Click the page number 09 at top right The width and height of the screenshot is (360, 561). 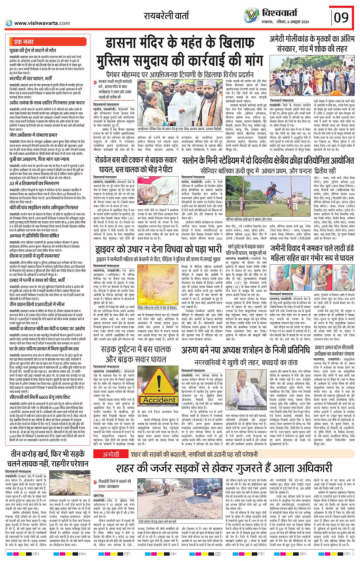tap(341, 17)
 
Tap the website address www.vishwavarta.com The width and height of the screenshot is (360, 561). tap(42, 23)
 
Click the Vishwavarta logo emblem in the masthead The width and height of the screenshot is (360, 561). tap(251, 16)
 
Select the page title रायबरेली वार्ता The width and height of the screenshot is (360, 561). tap(166, 16)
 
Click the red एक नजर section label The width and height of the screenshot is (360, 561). tap(24, 42)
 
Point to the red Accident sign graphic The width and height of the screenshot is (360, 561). tap(159, 390)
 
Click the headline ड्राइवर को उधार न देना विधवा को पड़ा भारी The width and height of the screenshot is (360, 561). tap(157, 249)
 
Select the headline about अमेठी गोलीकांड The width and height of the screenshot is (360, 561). tap(312, 44)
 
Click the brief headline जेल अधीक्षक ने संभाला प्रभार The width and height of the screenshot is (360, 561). tap(33, 135)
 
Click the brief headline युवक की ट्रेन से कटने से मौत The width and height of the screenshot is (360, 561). tap(33, 50)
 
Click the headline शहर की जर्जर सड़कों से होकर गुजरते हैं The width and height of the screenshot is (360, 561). tap(224, 468)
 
